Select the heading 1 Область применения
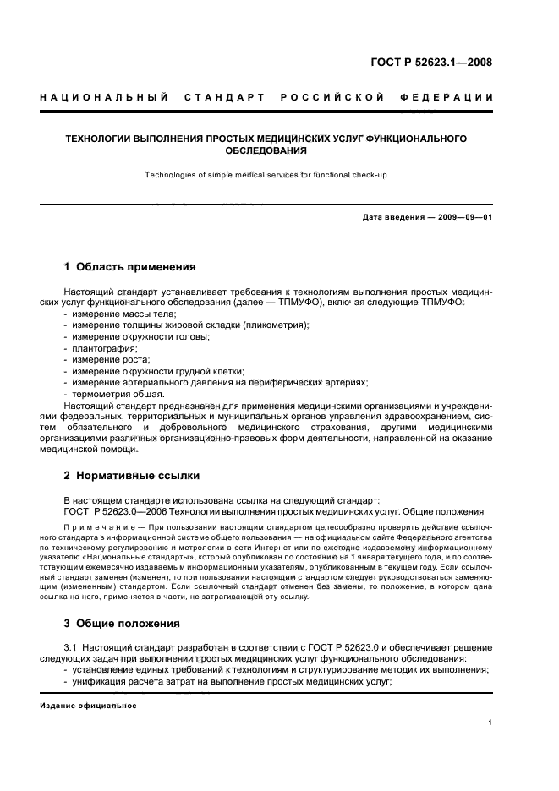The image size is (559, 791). [x=130, y=267]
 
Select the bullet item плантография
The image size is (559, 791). [x=104, y=347]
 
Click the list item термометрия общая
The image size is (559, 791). [x=118, y=393]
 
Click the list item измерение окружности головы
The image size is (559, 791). [x=140, y=336]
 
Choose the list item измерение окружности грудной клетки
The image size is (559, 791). [x=157, y=370]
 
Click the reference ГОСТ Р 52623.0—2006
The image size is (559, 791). [x=118, y=511]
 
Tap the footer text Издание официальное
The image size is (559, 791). [x=89, y=706]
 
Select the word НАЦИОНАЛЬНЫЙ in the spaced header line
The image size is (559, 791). [x=99, y=97]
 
